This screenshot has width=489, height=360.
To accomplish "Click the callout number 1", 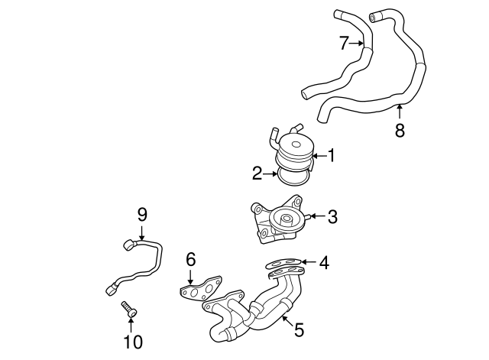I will pos(332,156).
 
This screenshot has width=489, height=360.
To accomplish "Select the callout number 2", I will pos(258,174).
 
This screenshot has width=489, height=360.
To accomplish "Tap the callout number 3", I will pos(332,217).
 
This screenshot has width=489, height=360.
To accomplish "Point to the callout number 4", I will pos(324,263).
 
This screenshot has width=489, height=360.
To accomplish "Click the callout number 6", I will pos(191,260).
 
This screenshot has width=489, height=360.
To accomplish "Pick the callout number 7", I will pos(344,44).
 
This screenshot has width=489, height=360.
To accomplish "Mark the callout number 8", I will pos(400,130).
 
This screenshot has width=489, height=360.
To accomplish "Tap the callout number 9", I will pos(141,214).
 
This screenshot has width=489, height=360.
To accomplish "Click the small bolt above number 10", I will pos(128,310).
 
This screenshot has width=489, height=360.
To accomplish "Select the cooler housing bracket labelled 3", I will pos(275,222).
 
